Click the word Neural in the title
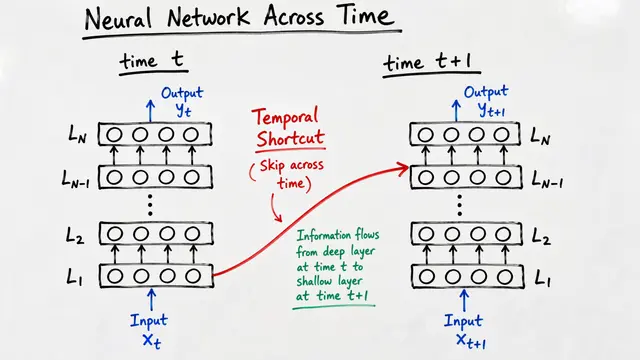tap(118, 19)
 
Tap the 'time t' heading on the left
tap(152, 60)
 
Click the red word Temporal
tap(285, 117)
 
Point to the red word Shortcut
tap(290, 138)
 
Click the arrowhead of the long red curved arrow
tap(404, 167)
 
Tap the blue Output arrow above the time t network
tap(151, 111)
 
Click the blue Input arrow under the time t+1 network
tap(464, 300)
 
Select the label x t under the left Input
tap(151, 341)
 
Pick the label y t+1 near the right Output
tap(491, 110)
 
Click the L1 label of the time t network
tap(75, 278)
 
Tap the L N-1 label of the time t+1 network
tap(548, 179)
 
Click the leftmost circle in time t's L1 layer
tap(115, 276)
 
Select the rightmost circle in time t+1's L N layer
tap(502, 135)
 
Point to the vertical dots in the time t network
tap(150, 205)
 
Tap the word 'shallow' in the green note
tap(314, 281)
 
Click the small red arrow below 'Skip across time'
tap(276, 208)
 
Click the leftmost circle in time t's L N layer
tap(114, 135)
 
